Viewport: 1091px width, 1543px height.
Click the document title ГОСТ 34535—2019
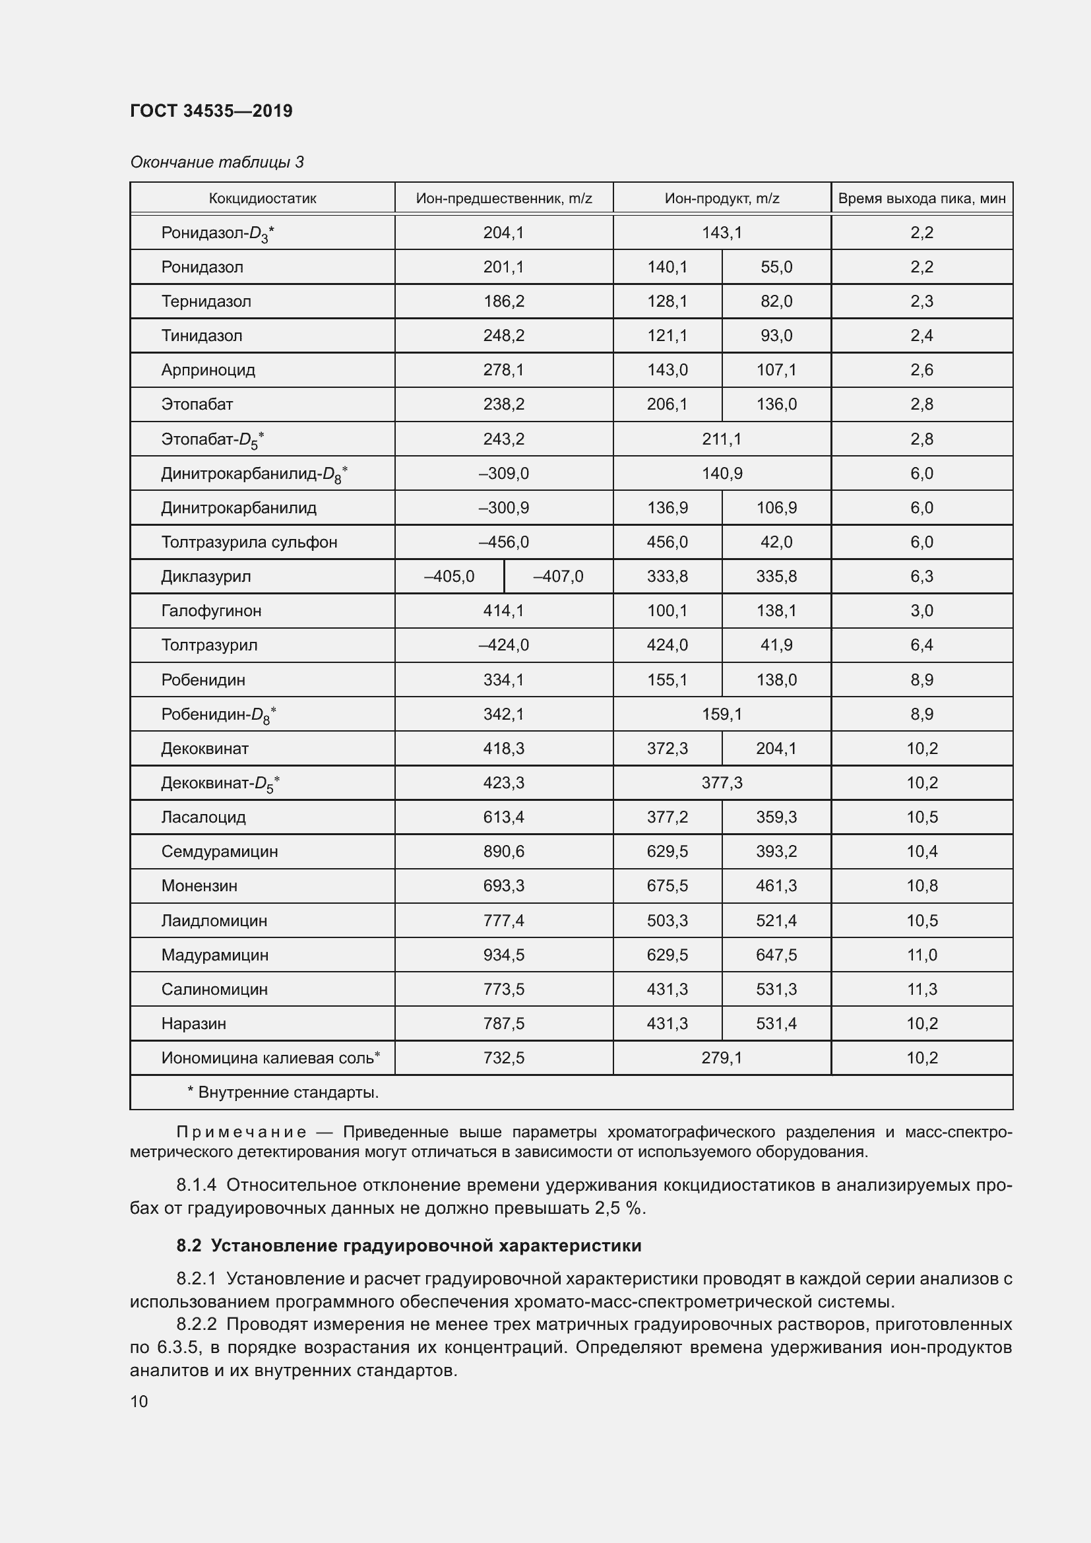click(211, 111)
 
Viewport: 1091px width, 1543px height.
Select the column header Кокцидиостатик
click(262, 199)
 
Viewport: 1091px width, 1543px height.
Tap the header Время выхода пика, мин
click(921, 199)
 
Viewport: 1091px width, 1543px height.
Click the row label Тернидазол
click(206, 301)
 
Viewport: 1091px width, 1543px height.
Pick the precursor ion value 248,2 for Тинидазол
click(503, 335)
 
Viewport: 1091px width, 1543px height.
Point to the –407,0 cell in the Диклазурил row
click(557, 577)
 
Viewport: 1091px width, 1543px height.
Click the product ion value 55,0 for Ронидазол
click(776, 267)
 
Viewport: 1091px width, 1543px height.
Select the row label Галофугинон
click(211, 611)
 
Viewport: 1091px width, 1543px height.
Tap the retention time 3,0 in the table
click(921, 611)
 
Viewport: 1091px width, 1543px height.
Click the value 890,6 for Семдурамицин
click(503, 852)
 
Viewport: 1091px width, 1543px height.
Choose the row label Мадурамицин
click(214, 955)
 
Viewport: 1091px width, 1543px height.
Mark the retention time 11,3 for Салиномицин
click(921, 990)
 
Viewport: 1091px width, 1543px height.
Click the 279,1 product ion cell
click(722, 1057)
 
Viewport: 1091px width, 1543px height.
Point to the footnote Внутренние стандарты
click(288, 1092)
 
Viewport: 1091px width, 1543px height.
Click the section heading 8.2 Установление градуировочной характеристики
click(408, 1245)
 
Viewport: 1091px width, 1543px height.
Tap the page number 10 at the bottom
click(139, 1401)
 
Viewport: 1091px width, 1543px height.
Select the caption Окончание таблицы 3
click(216, 162)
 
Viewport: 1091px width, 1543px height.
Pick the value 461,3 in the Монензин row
click(776, 886)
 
